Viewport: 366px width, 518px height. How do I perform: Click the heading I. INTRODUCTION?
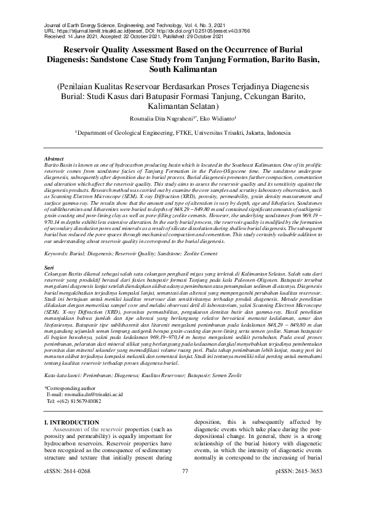[73, 421]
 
